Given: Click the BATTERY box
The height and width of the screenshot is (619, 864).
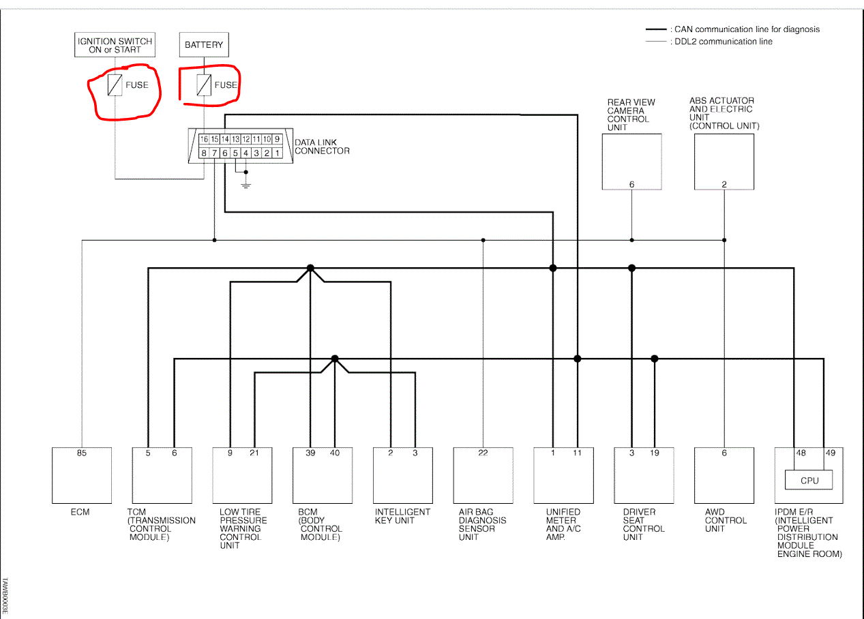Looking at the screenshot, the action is (204, 45).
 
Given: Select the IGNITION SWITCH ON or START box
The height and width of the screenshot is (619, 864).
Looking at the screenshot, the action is (114, 45).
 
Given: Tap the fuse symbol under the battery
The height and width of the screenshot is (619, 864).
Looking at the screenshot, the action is (204, 85).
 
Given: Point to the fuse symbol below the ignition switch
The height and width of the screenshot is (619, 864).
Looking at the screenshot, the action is (115, 85).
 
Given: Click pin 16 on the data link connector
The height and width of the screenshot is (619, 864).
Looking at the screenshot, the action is (203, 139).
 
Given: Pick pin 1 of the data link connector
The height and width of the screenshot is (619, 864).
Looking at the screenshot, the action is (277, 153).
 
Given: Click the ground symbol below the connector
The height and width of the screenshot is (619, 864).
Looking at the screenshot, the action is (246, 184).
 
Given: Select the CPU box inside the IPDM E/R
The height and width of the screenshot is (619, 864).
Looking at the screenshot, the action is (809, 480).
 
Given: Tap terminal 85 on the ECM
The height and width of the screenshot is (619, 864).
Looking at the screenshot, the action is (82, 453).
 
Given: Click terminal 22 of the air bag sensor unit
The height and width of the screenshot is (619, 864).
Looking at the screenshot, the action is (483, 453).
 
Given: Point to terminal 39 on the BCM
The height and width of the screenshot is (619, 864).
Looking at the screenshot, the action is (310, 453).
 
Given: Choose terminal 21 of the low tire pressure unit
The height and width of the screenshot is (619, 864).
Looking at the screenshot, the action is (254, 453).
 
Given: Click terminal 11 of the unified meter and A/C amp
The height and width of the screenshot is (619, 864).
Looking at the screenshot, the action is (577, 453).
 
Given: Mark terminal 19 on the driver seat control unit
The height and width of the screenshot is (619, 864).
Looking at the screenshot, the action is (655, 453).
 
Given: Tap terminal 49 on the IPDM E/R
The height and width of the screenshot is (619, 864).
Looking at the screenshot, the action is (830, 453).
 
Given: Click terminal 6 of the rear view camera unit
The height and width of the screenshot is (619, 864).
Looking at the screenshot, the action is (631, 184).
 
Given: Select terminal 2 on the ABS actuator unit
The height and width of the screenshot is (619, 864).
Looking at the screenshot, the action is (724, 184).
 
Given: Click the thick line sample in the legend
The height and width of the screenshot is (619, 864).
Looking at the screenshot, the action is (656, 30).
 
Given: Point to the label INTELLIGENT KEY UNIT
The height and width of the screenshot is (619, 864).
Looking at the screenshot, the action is (402, 516).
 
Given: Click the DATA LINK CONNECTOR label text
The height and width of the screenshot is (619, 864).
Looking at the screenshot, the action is (322, 147).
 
